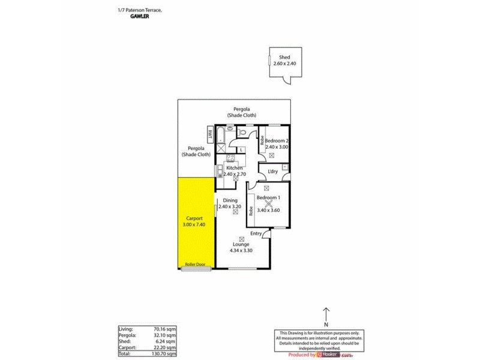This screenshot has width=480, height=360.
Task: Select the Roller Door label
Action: tap(196, 265)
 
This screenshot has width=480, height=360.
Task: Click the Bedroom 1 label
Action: tap(269, 198)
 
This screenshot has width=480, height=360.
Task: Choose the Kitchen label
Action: tap(235, 168)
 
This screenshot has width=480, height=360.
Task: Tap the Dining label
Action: tap(230, 200)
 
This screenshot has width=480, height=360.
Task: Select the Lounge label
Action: tap(241, 245)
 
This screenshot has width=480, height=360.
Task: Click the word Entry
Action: tap(256, 233)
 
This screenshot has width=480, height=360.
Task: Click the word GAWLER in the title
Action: tap(140, 17)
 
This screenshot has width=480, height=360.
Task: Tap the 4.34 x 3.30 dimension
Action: tap(241, 251)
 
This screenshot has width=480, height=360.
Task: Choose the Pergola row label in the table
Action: tap(127, 335)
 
